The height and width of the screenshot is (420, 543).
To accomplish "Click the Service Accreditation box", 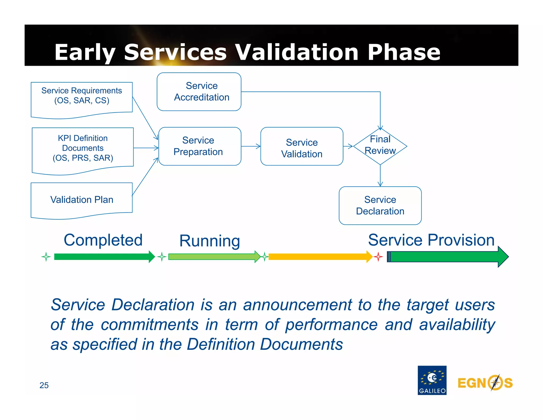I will tap(199, 92).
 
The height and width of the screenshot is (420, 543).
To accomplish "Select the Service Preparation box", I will tap(199, 146).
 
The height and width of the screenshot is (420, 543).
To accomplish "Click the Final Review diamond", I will tap(380, 146).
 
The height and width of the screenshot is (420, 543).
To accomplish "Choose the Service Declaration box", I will tap(380, 205).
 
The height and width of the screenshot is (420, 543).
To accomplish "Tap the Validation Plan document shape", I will tap(81, 200).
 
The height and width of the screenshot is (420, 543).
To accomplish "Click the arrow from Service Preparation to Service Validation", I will tap(251, 146).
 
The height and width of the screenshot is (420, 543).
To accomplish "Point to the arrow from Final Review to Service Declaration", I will tap(380, 175).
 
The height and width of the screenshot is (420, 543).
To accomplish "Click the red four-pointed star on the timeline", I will tap(378, 257).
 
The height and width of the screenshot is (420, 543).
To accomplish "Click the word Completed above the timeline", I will tap(103, 240).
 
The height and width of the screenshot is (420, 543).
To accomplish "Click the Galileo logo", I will tap(432, 380).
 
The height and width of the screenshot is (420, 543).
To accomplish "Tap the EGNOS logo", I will tap(485, 383).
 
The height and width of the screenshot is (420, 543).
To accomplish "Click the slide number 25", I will tap(44, 385).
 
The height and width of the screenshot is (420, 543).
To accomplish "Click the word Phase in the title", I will tap(404, 52).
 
